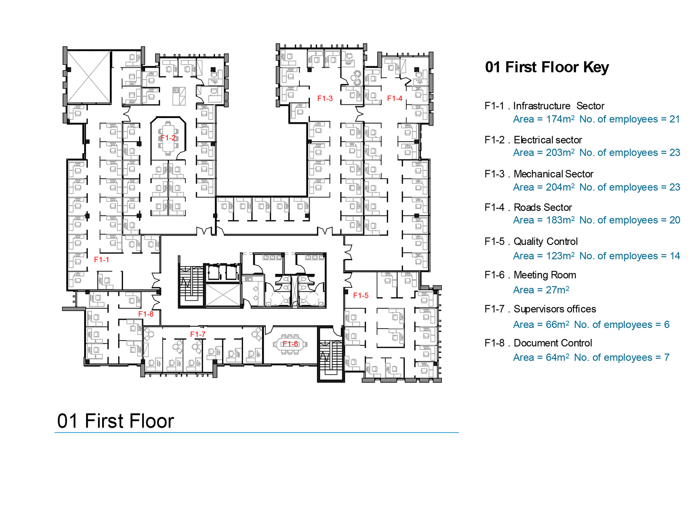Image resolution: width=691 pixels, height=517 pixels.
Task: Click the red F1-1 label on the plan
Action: click(x=101, y=260)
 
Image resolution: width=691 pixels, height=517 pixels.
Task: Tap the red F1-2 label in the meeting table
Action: click(x=168, y=138)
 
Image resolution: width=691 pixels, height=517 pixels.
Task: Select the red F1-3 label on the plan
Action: click(x=325, y=98)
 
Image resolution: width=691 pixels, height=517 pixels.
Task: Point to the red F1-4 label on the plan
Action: click(x=395, y=98)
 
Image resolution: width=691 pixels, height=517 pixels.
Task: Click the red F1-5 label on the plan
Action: click(x=361, y=296)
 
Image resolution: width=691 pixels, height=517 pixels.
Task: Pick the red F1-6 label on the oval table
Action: click(x=290, y=344)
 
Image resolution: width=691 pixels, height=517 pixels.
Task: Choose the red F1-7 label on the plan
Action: click(x=198, y=334)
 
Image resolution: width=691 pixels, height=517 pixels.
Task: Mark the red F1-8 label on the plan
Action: click(x=146, y=314)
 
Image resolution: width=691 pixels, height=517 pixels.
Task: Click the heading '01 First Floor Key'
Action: click(x=547, y=67)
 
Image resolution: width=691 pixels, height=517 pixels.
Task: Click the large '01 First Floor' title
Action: click(x=116, y=421)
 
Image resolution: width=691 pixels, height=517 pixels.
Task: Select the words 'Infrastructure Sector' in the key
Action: click(x=559, y=106)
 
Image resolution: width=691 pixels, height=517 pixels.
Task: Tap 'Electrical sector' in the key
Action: click(x=548, y=140)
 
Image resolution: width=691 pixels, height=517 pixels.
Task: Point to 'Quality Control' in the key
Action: click(x=546, y=242)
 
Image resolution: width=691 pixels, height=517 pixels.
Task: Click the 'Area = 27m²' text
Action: click(x=541, y=290)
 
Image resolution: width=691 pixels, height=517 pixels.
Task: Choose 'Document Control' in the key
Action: click(x=553, y=343)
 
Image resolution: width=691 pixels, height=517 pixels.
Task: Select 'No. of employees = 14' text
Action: click(x=630, y=256)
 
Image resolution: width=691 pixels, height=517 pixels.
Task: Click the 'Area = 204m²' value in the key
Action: click(x=544, y=187)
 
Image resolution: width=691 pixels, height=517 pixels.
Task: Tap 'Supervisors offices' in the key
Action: click(x=555, y=309)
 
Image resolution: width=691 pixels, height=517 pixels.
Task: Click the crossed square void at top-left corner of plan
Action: click(x=89, y=77)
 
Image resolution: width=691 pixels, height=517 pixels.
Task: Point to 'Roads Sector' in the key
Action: click(x=543, y=207)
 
